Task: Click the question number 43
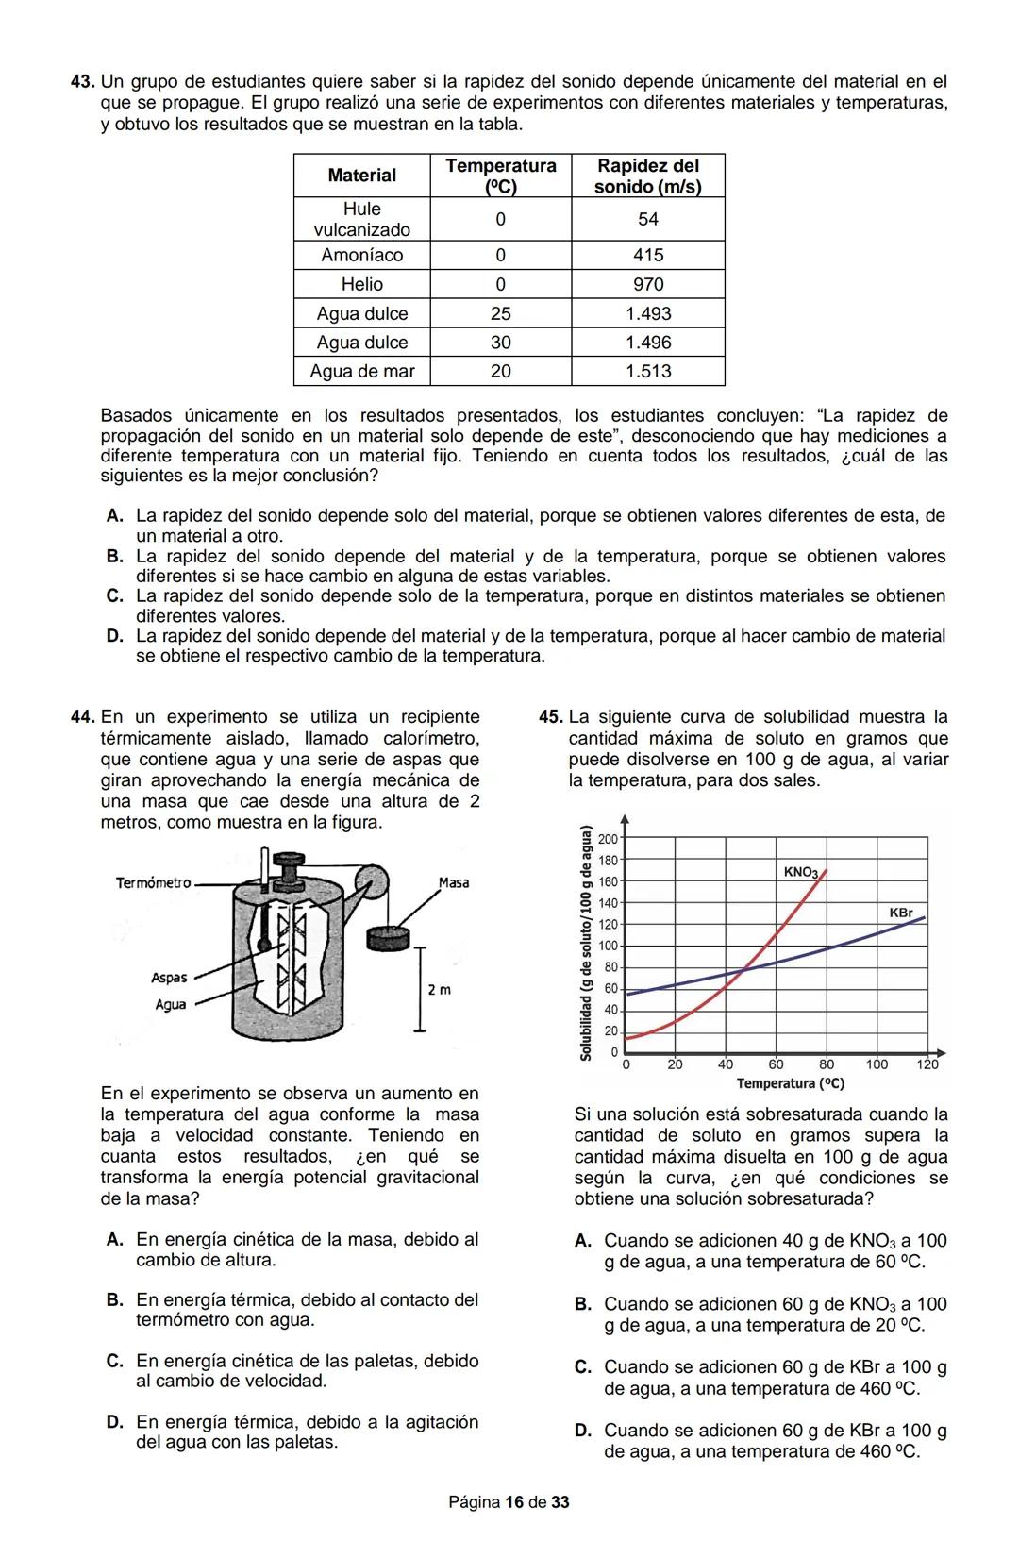(x=82, y=82)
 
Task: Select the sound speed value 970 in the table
(x=647, y=284)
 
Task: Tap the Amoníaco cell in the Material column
(x=361, y=255)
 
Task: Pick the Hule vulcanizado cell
(x=361, y=219)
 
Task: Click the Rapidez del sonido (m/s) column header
(x=647, y=176)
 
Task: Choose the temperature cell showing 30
(x=500, y=343)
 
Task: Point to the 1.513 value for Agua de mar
(x=647, y=371)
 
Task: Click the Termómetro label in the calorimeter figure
(x=153, y=883)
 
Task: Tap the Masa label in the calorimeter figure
(x=454, y=883)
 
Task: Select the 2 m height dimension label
(x=439, y=990)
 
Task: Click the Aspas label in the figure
(x=169, y=978)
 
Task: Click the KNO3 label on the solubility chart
(x=801, y=872)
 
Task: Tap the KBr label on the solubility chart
(x=901, y=913)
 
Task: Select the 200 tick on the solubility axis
(x=608, y=839)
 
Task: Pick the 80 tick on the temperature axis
(x=827, y=1064)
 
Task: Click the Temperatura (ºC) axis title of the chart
(x=790, y=1083)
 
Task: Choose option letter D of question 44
(x=115, y=1422)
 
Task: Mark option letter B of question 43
(x=115, y=557)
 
